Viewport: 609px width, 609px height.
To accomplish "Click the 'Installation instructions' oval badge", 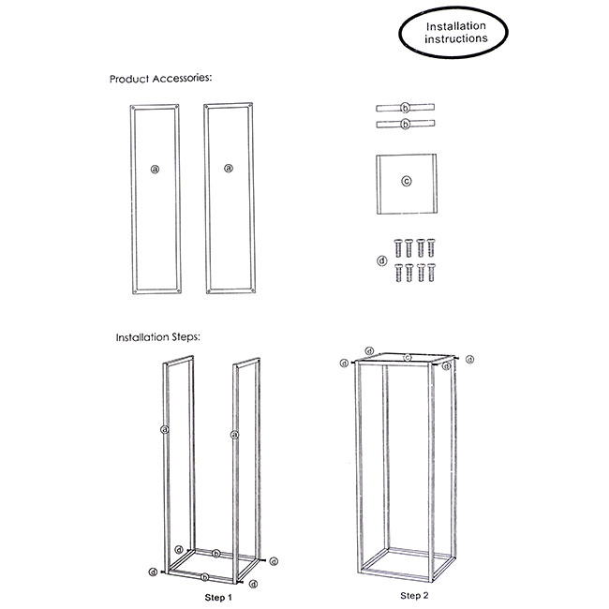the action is (x=453, y=32).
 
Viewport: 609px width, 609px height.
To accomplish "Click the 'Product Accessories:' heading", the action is (x=161, y=79).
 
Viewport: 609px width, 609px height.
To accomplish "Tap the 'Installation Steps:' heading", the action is (x=158, y=337).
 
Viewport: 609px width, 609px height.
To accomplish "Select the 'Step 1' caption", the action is (x=218, y=598).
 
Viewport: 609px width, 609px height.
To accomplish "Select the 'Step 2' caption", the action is (x=414, y=595).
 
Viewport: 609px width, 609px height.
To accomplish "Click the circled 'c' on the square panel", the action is (x=407, y=181).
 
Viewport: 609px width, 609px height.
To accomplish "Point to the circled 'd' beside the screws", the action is (x=382, y=260).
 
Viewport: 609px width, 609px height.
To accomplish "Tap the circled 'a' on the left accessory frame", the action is (x=155, y=170).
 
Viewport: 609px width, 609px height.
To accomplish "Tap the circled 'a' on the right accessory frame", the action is (x=229, y=168).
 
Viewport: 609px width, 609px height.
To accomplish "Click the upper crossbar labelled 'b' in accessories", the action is (x=405, y=108).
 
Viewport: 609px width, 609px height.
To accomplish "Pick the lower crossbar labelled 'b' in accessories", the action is (x=405, y=125).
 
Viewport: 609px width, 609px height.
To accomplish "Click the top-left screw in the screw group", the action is (x=398, y=248).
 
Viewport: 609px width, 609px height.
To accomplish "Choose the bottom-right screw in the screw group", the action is (x=432, y=273).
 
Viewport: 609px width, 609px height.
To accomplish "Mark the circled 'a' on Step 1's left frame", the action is (x=165, y=429).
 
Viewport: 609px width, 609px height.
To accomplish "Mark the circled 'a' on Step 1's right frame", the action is (x=234, y=435).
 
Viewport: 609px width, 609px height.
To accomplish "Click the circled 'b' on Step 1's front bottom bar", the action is (x=204, y=577).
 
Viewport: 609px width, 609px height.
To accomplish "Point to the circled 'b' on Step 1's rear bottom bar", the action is (x=216, y=553).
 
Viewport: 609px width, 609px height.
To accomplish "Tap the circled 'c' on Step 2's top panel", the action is (x=407, y=358).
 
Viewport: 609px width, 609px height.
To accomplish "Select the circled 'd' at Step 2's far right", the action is (x=470, y=360).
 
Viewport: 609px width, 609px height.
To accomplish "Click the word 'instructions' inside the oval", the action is (x=456, y=38).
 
